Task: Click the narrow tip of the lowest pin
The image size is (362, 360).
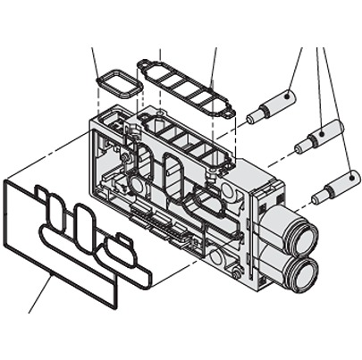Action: pyautogui.click(x=317, y=196)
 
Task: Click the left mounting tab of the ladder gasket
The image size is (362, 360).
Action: pyautogui.click(x=142, y=64)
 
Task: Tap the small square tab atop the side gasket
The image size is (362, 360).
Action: pyautogui.click(x=41, y=190)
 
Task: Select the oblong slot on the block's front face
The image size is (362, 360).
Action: pyautogui.click(x=169, y=170)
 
